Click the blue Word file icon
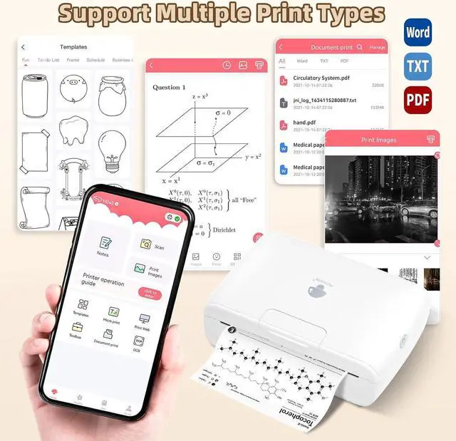pos(417,33)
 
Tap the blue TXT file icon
pos(417,66)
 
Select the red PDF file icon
pos(417,99)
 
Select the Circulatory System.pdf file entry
pos(321,78)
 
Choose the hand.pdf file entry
pos(304,122)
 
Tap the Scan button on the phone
pos(150,246)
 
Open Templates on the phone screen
pos(81,308)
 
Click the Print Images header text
pos(378,140)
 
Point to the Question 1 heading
pos(169,88)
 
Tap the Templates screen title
pos(73,46)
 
